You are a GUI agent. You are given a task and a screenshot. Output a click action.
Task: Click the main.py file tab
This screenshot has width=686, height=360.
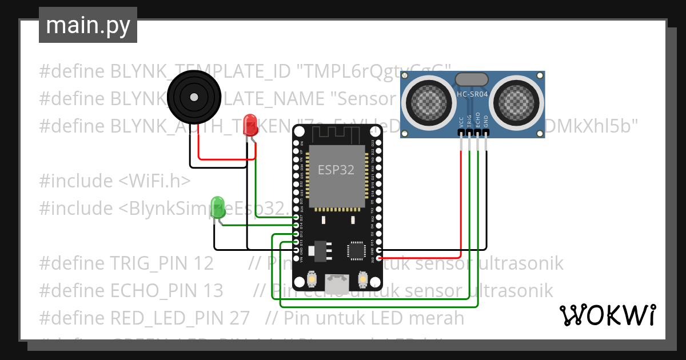(87, 26)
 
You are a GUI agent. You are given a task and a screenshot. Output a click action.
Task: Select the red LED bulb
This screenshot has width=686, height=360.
(250, 125)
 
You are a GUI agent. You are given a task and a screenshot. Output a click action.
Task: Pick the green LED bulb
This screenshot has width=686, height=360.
(218, 206)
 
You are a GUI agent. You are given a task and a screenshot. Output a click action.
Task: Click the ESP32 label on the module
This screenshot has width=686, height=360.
(336, 170)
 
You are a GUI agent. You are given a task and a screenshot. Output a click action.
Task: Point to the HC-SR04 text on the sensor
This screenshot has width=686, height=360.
(472, 94)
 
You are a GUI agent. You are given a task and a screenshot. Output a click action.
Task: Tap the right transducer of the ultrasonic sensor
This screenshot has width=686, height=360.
(518, 103)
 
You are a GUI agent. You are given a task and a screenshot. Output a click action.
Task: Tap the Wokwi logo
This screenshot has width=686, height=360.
(607, 315)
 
